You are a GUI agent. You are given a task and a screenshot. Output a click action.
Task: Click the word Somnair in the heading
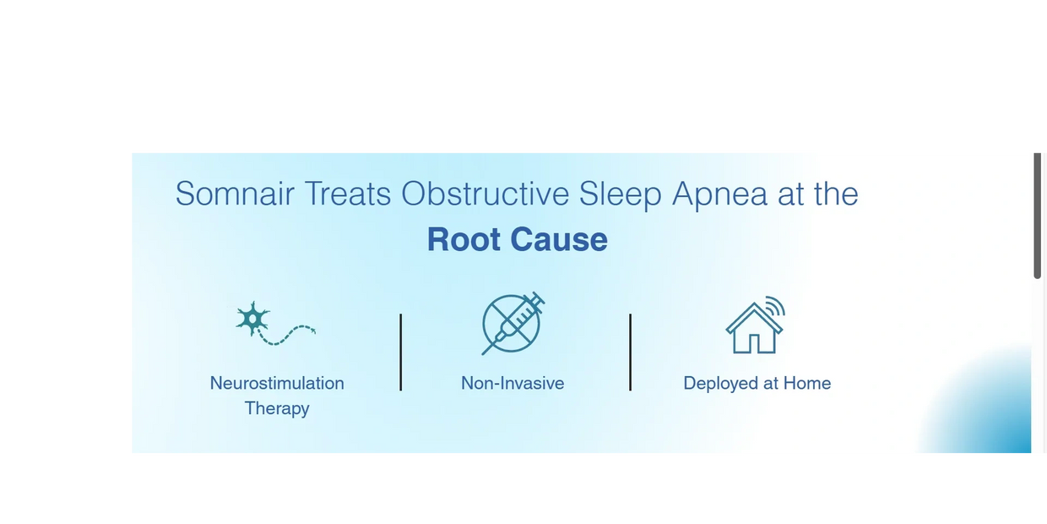pos(235,194)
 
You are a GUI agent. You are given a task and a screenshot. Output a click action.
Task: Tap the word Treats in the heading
pos(348,194)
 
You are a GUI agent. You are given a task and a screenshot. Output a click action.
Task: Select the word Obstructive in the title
pos(486,194)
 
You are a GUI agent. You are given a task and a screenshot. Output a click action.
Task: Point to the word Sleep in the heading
pos(621,194)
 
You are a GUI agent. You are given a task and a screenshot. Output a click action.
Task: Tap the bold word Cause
pos(559,239)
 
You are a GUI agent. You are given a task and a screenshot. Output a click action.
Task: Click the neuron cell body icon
pos(252,319)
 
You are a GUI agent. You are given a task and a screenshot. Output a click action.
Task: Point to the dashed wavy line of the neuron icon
pos(286,336)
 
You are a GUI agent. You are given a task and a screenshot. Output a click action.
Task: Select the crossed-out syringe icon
pos(513,324)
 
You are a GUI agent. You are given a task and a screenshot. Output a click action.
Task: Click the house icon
pos(754,328)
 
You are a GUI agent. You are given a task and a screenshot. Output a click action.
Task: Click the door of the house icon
pos(754,343)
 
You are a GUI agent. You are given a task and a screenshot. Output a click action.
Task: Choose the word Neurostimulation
pos(277,383)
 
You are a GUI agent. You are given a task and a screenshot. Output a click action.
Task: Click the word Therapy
pos(277,408)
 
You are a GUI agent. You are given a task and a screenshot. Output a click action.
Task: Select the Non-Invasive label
pos(513,383)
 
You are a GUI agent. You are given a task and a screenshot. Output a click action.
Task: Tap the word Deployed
pos(721,384)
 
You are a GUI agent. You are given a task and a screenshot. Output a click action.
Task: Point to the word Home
pos(807,383)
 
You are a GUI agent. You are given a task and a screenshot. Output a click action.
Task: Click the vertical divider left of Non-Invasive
pos(400,352)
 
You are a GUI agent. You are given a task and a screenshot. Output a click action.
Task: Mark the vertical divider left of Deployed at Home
pos(630,352)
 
